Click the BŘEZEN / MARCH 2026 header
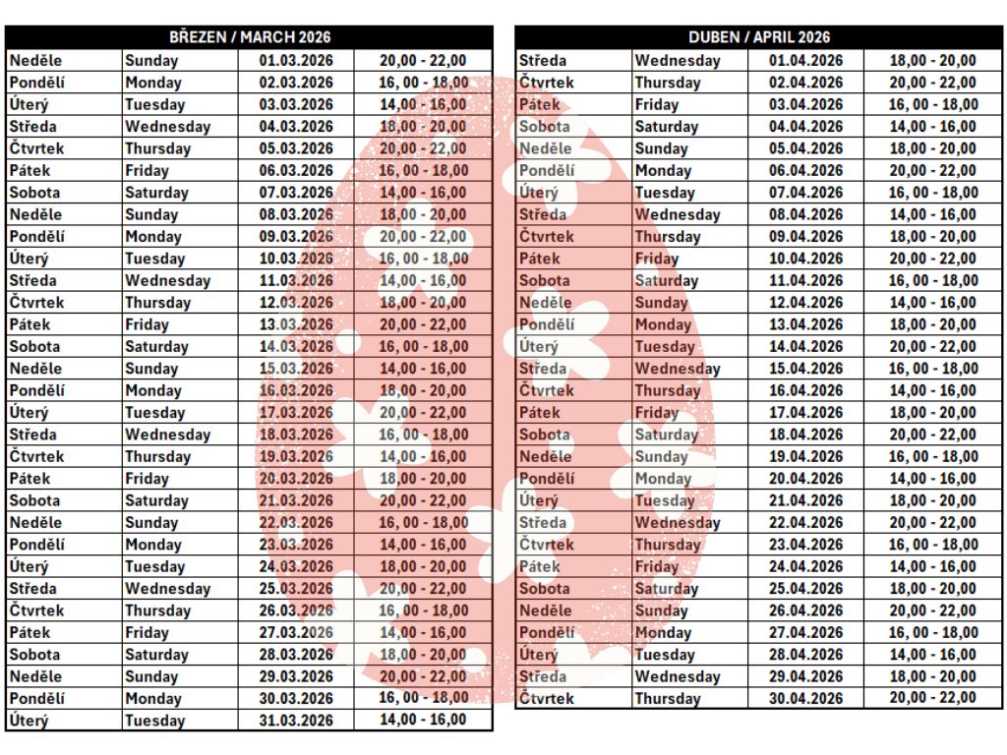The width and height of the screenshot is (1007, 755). click(249, 37)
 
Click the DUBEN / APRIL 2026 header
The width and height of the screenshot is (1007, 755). click(758, 37)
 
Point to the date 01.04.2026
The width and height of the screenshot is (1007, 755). click(805, 60)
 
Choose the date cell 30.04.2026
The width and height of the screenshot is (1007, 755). click(805, 698)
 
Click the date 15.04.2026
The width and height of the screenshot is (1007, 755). click(805, 369)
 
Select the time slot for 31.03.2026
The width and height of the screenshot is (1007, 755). click(423, 720)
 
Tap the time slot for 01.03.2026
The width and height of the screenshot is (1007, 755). click(423, 60)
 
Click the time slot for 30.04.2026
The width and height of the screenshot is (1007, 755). click(932, 698)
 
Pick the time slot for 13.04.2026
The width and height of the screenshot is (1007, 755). click(932, 324)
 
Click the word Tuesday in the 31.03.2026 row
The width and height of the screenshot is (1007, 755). click(154, 721)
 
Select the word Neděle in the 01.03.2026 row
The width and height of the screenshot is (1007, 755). click(35, 60)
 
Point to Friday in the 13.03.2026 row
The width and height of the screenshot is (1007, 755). click(147, 324)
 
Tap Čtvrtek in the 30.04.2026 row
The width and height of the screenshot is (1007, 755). click(546, 698)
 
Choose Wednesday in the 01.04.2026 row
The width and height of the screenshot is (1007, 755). click(677, 60)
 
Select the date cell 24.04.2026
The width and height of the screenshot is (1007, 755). click(805, 566)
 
